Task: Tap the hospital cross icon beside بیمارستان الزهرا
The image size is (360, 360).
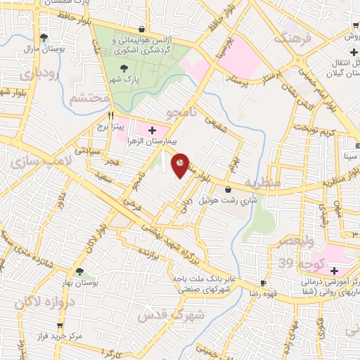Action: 153,130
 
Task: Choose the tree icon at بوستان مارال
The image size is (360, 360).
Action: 44,37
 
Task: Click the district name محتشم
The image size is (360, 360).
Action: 90,98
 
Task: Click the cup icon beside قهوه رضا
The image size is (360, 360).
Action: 263,283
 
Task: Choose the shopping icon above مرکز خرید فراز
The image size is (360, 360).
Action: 60,326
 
